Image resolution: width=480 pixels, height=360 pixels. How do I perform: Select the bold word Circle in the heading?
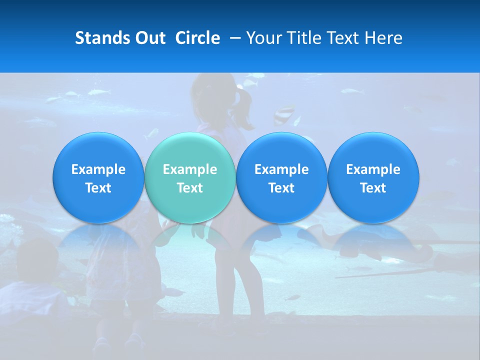197,38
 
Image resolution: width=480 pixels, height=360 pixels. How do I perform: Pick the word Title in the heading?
302,38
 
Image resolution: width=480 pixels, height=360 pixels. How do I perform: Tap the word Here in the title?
383,38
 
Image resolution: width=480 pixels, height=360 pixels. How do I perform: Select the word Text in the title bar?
342,38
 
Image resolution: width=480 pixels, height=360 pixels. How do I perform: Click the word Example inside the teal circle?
190,169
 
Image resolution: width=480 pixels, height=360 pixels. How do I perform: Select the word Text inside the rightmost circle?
373,188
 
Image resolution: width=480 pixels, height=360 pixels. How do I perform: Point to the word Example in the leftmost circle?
98,169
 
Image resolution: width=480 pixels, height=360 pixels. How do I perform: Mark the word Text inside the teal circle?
190,188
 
